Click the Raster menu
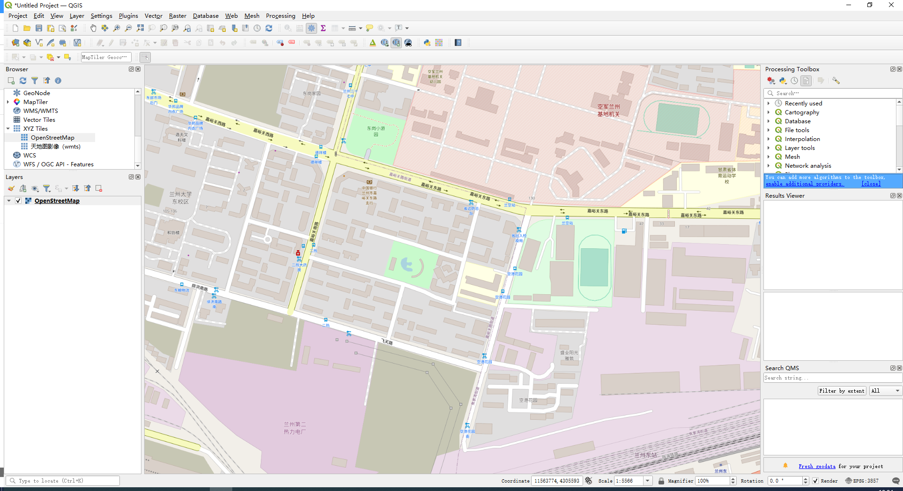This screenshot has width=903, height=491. (178, 16)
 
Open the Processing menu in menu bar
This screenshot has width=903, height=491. (280, 16)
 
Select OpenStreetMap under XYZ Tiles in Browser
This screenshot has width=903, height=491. (52, 138)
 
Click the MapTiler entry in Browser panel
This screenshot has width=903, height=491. (36, 102)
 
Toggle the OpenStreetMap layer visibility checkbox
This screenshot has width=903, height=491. (18, 201)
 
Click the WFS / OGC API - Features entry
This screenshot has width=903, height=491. (58, 164)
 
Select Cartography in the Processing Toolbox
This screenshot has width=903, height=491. (802, 112)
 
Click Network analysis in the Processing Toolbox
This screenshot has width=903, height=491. (808, 166)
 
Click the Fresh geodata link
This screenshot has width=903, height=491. (817, 466)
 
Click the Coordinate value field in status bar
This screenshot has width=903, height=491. (556, 481)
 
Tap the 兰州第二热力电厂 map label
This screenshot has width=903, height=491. (295, 428)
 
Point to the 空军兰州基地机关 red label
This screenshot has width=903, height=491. (608, 110)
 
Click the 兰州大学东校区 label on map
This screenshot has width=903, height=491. (180, 198)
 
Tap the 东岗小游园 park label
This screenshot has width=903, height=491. (376, 131)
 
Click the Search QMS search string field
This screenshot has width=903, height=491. (832, 378)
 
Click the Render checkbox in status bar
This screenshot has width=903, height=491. (815, 481)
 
